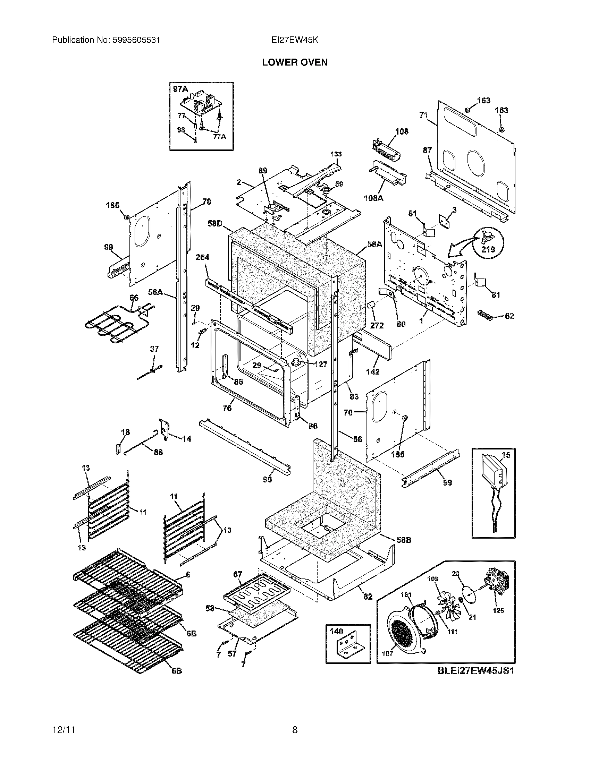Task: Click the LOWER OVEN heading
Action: (x=295, y=62)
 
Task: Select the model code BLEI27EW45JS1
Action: (x=476, y=671)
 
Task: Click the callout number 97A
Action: (x=180, y=89)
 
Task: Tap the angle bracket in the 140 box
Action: (x=347, y=648)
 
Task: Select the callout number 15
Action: (x=506, y=455)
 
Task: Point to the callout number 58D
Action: (x=214, y=223)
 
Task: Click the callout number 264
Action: (x=202, y=257)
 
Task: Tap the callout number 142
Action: (x=373, y=372)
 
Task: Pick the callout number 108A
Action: (x=373, y=198)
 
